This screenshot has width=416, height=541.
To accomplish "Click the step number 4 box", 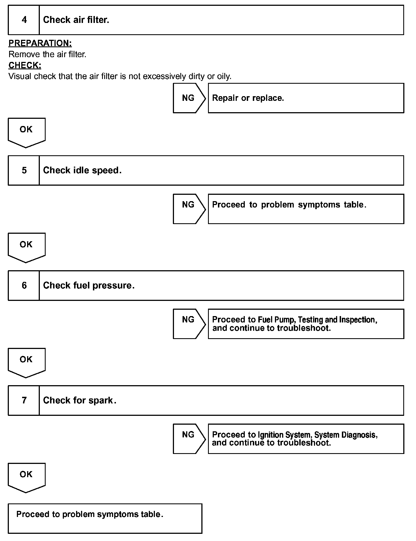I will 24,20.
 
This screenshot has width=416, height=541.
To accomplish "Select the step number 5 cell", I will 24,170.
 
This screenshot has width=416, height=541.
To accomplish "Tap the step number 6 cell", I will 24,285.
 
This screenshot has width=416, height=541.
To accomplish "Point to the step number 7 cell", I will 24,400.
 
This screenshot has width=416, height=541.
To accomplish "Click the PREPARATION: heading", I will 40,43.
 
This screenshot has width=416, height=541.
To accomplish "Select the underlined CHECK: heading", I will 25,65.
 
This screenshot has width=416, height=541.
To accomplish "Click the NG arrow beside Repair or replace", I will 189,98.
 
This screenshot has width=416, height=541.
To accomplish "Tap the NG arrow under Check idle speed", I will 189,209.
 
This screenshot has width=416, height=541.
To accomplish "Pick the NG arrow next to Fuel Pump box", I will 189,324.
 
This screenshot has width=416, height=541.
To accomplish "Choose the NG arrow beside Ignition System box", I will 189,438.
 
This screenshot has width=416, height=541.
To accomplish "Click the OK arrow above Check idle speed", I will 27,132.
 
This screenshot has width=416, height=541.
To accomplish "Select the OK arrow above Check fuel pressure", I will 27,247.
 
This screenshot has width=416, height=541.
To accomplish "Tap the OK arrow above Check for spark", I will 27,362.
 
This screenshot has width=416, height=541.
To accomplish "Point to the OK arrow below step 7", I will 27,477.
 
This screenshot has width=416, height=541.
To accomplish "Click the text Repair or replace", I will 248,98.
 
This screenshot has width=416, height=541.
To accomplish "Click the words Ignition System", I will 285,435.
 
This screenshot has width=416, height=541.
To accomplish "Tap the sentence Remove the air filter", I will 47,54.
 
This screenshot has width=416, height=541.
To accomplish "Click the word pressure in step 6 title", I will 113,285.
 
